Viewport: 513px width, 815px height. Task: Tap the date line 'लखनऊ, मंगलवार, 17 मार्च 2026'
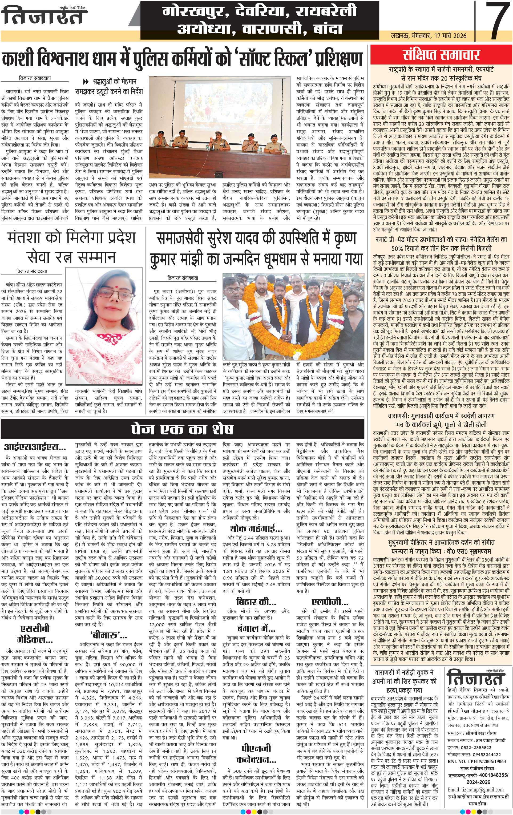(428, 35)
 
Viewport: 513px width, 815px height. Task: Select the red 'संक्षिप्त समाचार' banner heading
(441, 55)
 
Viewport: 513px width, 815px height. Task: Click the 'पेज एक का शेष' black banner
(182, 429)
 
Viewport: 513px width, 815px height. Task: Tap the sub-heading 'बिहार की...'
(256, 602)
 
